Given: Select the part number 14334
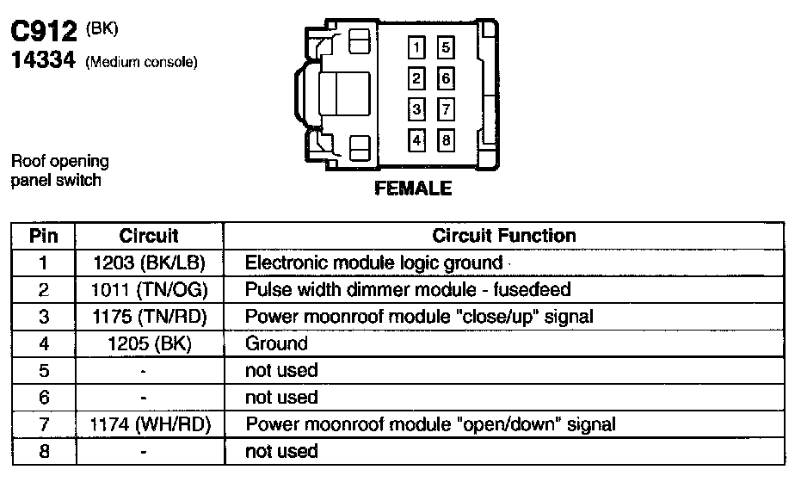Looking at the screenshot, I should click(44, 61).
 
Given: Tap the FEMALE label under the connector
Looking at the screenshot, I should click(413, 188).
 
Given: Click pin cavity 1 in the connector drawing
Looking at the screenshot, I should click(416, 48).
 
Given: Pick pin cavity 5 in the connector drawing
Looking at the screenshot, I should click(445, 48).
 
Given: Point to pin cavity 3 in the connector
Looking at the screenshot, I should click(416, 109).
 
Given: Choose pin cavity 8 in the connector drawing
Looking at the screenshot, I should click(445, 139).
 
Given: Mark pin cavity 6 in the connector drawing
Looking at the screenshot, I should click(445, 79).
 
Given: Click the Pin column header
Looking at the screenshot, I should click(44, 236).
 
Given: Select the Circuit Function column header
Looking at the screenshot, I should click(504, 236).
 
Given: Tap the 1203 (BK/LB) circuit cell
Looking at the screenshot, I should click(149, 263).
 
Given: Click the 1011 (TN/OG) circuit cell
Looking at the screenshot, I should click(149, 290).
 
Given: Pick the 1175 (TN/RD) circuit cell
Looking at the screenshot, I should click(149, 317).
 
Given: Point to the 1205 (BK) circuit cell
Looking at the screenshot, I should click(149, 343).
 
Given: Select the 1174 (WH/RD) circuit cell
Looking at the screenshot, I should click(149, 424).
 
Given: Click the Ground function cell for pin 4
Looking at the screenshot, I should click(276, 343).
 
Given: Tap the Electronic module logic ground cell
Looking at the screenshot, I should click(373, 263).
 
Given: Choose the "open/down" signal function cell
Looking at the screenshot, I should click(430, 424).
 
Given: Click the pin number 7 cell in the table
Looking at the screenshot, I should click(44, 424).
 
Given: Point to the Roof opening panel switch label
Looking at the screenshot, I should click(60, 170).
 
